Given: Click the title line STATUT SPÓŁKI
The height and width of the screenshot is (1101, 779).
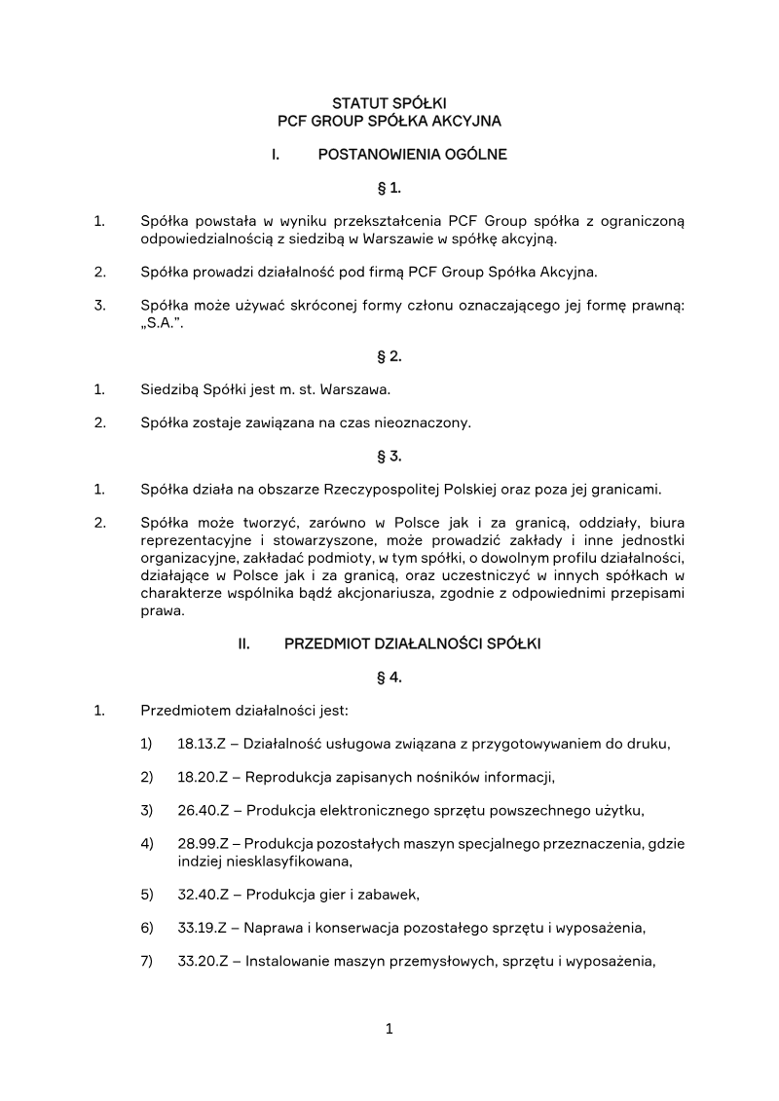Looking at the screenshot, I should pyautogui.click(x=389, y=102).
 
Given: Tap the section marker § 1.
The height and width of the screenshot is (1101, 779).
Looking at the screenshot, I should pyautogui.click(x=389, y=187).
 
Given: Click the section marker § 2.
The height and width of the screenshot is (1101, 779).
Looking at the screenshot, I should pyautogui.click(x=389, y=356).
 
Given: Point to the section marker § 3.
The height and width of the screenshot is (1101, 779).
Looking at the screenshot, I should pyautogui.click(x=389, y=456).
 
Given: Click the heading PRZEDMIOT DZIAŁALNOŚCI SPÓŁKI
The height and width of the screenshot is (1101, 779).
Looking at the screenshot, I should pyautogui.click(x=412, y=643).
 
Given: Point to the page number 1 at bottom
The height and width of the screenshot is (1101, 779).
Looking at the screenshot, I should pyautogui.click(x=389, y=1029).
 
